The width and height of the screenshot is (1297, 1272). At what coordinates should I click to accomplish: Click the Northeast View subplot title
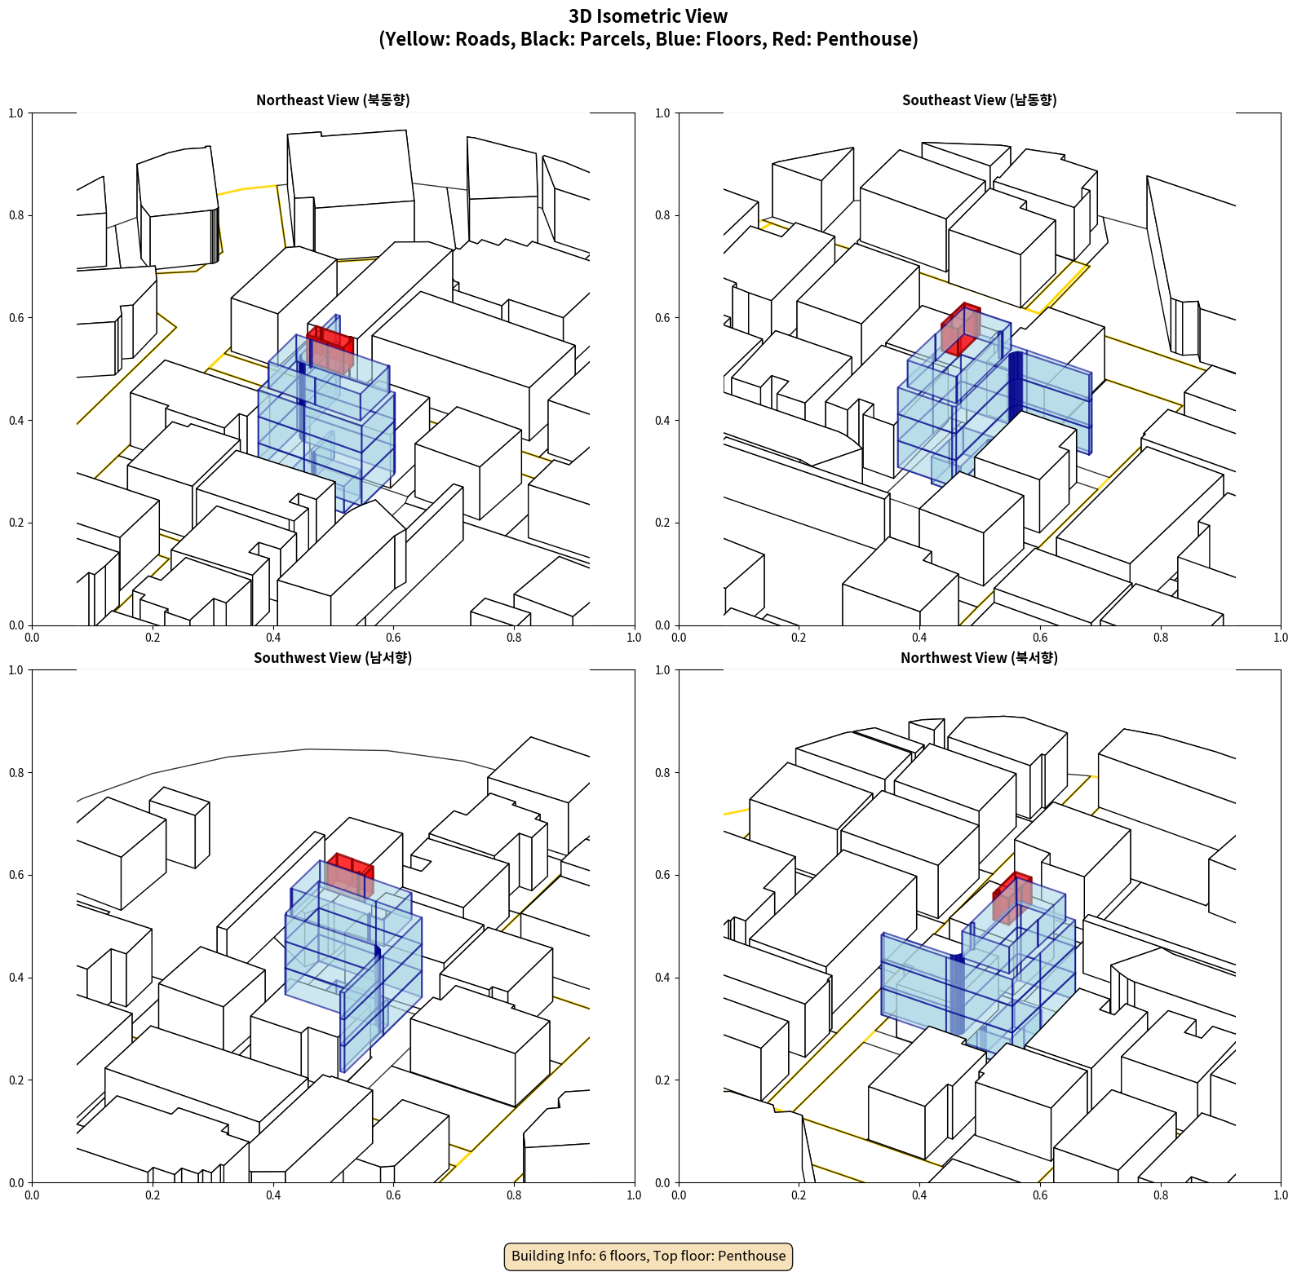tap(333, 100)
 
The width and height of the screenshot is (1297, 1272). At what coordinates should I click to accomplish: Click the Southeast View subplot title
tap(979, 100)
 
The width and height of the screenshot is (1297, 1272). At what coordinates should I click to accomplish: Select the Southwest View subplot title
tap(333, 658)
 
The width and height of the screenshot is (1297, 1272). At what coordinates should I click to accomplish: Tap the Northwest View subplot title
tap(979, 658)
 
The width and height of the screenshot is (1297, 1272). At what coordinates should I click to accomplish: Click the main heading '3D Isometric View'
tap(648, 16)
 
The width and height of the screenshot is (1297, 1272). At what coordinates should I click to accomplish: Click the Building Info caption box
tap(648, 1256)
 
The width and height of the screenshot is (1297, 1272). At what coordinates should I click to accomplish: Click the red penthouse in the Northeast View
tap(330, 348)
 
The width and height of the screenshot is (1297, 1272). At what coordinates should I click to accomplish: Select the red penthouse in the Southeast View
tap(961, 329)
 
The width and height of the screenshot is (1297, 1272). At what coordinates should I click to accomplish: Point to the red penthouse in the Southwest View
tap(350, 874)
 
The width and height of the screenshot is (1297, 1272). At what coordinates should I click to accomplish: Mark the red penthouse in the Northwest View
tap(1012, 897)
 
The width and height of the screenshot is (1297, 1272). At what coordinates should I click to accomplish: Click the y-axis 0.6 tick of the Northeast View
tap(16, 318)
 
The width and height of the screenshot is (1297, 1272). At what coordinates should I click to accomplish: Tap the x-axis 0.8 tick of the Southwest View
tap(514, 1195)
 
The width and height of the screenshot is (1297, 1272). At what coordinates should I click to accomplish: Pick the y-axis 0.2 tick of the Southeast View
tap(662, 523)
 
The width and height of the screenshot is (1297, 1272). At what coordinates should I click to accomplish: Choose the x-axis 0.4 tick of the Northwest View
tap(919, 1195)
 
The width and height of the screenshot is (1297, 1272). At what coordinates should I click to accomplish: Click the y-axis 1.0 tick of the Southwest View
tap(16, 670)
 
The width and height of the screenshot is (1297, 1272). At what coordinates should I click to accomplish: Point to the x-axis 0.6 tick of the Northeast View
tap(393, 638)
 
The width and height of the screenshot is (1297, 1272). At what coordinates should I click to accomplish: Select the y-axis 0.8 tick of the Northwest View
tap(662, 773)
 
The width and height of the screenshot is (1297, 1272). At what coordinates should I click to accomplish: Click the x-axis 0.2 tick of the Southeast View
tap(799, 638)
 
